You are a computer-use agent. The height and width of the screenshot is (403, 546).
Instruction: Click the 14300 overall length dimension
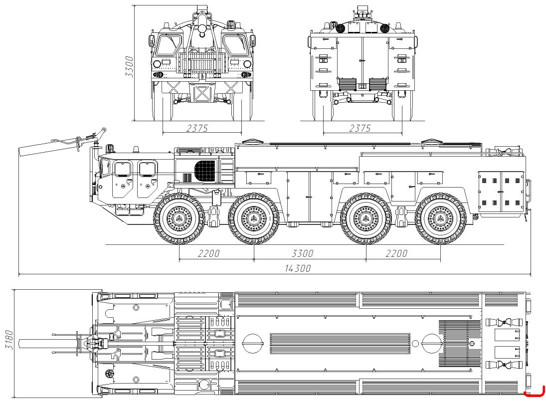[298, 268]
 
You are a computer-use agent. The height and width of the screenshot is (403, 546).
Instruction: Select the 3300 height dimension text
[129, 66]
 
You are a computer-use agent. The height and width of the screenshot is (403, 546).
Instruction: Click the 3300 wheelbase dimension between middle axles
[302, 253]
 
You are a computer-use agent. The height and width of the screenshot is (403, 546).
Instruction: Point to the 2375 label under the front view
[197, 128]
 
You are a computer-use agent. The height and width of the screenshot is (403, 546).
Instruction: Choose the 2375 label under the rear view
[360, 128]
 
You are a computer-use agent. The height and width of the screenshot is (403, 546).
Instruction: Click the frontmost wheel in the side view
[179, 219]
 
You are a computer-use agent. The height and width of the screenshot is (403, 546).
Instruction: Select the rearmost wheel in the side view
[440, 219]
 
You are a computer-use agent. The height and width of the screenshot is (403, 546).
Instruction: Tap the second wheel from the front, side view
[254, 219]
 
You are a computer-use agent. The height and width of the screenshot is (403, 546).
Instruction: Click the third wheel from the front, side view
[366, 219]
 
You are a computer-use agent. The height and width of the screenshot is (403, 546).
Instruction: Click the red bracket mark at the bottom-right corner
[535, 393]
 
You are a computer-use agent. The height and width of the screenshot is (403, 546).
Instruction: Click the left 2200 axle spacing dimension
[208, 253]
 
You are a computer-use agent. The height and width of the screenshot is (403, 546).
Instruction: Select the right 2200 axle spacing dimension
[396, 253]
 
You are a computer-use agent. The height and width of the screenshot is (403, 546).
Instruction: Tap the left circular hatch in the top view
[252, 344]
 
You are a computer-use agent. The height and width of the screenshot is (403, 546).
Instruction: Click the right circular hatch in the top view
[431, 344]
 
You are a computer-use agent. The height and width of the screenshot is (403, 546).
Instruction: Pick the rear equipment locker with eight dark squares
[501, 191]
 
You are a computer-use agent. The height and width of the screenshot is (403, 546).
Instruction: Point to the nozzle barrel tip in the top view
[21, 344]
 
